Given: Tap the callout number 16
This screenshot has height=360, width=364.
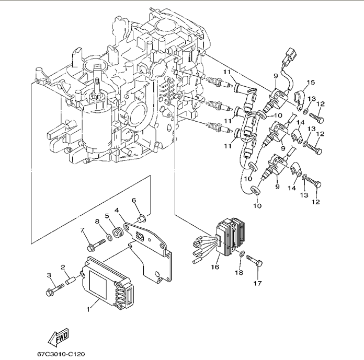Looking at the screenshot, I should pyautogui.click(x=215, y=266).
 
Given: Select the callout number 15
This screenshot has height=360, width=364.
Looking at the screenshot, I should pyautogui.click(x=311, y=82).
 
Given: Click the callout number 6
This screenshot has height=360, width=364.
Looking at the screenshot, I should pyautogui.click(x=134, y=200).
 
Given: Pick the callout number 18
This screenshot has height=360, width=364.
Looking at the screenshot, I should pyautogui.click(x=239, y=272).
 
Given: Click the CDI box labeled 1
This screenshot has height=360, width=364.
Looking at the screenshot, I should pyautogui.click(x=108, y=282).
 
